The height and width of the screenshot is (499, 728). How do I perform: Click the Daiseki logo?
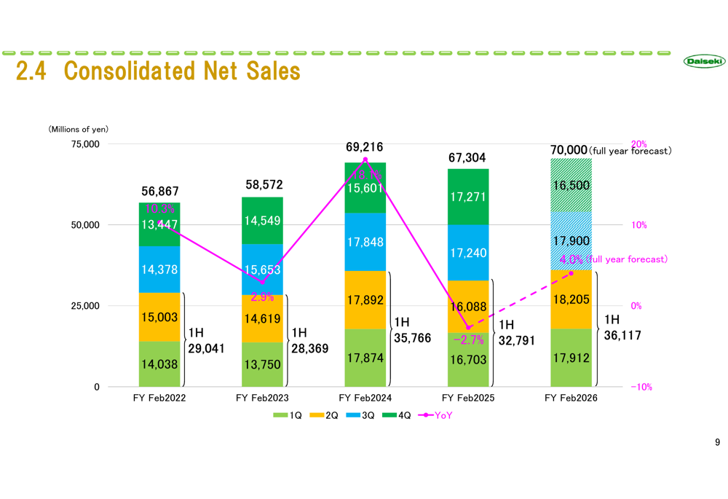tap(704, 62)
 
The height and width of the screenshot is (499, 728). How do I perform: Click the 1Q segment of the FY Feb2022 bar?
tap(159, 364)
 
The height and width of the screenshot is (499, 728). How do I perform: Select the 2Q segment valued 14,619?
tap(262, 318)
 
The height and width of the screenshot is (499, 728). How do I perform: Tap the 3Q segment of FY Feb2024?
tap(365, 242)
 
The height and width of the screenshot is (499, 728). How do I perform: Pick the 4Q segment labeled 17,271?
tap(468, 197)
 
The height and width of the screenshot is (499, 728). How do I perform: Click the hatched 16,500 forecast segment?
tap(571, 185)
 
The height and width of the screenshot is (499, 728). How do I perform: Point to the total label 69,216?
tap(365, 147)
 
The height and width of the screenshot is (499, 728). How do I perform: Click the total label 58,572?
tap(264, 185)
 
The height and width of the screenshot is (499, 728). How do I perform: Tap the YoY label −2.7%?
tap(468, 339)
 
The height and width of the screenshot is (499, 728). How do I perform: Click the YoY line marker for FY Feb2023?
tap(262, 282)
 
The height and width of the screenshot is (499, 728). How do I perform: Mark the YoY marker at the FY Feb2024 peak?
tap(365, 160)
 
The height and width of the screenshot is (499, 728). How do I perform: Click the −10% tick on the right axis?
tap(641, 387)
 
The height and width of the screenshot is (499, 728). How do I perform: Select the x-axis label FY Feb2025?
tap(468, 398)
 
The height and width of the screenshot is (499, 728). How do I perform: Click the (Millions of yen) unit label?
tap(79, 130)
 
